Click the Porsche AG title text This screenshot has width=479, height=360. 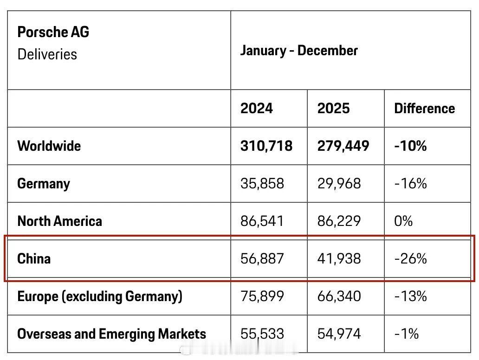click(x=53, y=32)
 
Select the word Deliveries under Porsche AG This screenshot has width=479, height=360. click(x=47, y=54)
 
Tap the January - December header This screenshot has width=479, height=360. click(x=299, y=51)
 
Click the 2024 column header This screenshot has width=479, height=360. click(x=257, y=109)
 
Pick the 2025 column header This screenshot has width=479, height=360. click(x=333, y=109)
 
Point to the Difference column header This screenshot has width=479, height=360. click(x=424, y=109)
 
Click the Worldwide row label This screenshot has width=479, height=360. click(x=49, y=146)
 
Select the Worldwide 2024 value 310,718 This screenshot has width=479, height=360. click(x=266, y=146)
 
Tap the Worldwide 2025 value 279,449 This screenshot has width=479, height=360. click(x=343, y=146)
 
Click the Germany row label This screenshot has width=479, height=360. click(x=43, y=184)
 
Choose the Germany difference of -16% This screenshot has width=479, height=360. click(x=410, y=184)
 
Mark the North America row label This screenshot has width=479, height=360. click(x=59, y=221)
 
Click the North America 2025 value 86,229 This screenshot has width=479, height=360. click(x=339, y=221)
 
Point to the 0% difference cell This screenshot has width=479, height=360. click(x=403, y=221)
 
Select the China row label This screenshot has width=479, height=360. click(x=34, y=258)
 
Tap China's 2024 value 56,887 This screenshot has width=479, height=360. click(x=262, y=258)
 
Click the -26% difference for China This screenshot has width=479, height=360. click(x=410, y=258)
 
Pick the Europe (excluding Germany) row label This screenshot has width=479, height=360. click(x=99, y=296)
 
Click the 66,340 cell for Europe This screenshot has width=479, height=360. click(x=339, y=296)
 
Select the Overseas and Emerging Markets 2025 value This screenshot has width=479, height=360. click(x=339, y=334)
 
